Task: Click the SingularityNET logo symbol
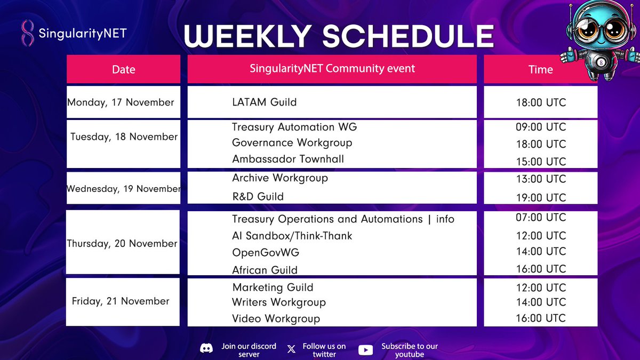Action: click(27, 34)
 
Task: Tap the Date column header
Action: click(123, 69)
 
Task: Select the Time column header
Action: click(540, 69)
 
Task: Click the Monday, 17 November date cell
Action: click(121, 102)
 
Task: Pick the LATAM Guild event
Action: click(264, 102)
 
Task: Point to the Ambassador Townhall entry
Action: click(287, 159)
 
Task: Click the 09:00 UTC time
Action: click(540, 127)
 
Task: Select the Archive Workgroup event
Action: click(279, 178)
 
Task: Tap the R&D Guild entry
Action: click(258, 196)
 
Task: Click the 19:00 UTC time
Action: click(540, 197)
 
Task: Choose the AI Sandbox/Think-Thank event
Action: click(292, 236)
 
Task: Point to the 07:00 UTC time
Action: click(540, 218)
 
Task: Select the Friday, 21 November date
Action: click(121, 301)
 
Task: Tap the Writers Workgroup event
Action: click(278, 302)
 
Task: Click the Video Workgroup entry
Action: click(276, 319)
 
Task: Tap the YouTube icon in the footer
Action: click(366, 350)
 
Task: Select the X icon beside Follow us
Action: click(291, 349)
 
